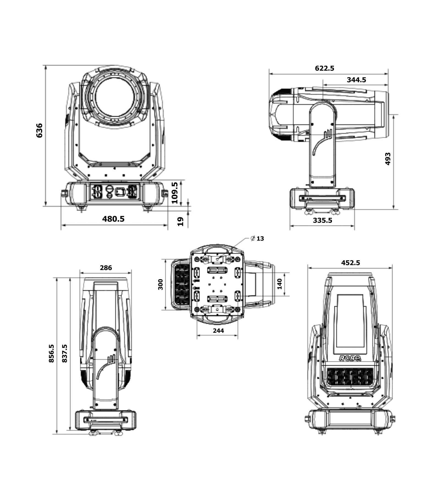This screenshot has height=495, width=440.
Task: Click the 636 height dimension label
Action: tap(40, 130)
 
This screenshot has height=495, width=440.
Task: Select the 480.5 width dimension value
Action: tap(113, 219)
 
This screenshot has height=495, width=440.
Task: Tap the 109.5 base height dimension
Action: tap(175, 193)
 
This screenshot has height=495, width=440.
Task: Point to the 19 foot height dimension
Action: tap(180, 221)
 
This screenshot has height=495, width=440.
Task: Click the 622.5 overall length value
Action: tap(324, 68)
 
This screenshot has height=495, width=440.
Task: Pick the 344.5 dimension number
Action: tap(356, 80)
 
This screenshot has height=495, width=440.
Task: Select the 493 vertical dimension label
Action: tap(388, 159)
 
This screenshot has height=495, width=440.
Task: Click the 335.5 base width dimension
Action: tap(323, 220)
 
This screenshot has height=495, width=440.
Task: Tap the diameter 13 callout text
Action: tap(257, 238)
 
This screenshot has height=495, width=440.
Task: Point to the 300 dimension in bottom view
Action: tap(161, 284)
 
